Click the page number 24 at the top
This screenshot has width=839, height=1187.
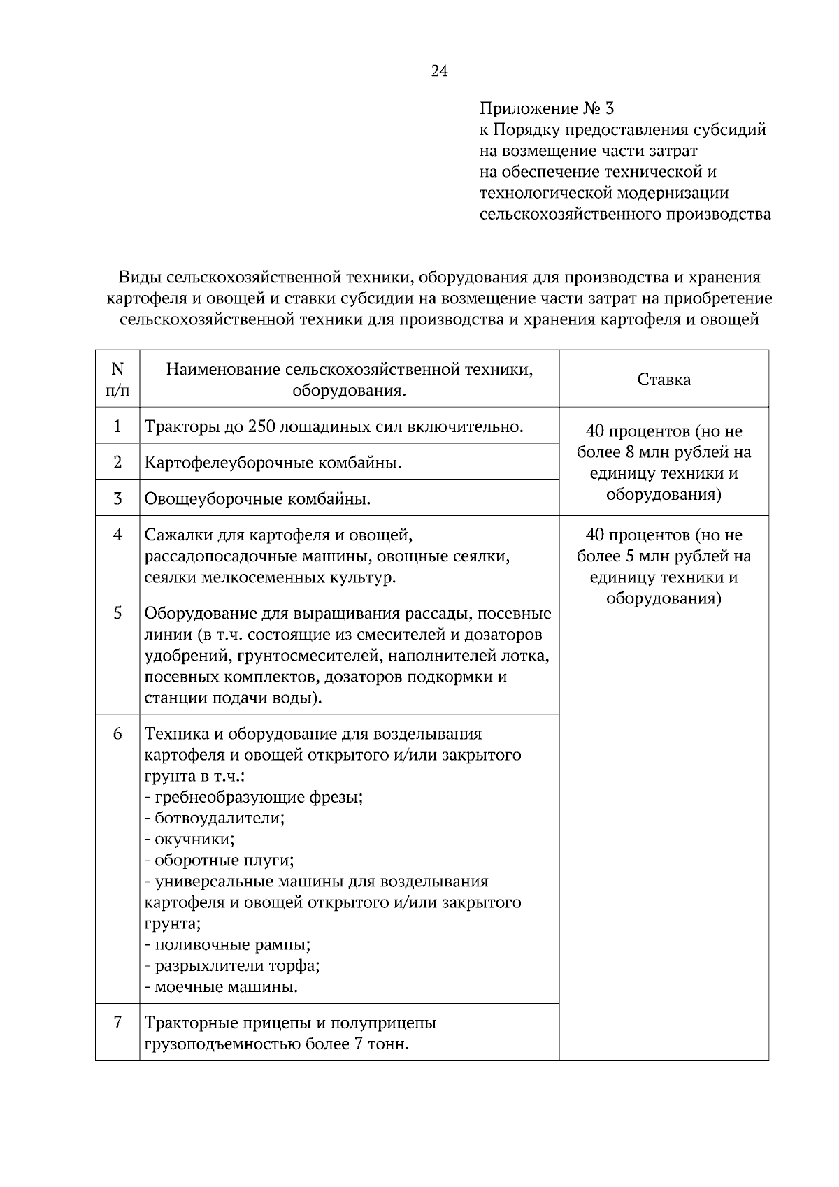tap(439, 71)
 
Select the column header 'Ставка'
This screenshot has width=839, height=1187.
tap(664, 380)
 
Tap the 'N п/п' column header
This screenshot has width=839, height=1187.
tap(117, 380)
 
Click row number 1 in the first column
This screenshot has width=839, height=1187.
tap(117, 426)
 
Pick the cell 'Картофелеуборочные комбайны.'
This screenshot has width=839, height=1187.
tap(273, 463)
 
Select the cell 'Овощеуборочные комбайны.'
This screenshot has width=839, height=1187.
tap(257, 499)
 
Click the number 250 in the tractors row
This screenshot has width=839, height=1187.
tap(261, 426)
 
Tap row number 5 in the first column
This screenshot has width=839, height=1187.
tap(117, 613)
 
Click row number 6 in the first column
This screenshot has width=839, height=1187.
tap(117, 733)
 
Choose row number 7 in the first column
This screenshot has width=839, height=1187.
tap(117, 1023)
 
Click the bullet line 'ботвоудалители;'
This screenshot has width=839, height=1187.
tap(215, 818)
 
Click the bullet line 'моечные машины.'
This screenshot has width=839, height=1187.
tap(222, 987)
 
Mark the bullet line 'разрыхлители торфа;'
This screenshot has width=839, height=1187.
tap(233, 966)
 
